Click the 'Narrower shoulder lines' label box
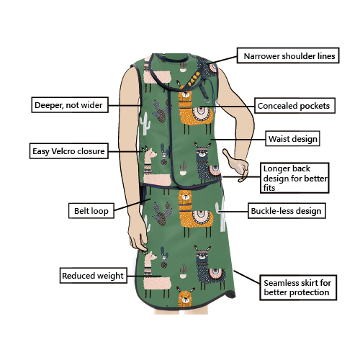coord(288,55)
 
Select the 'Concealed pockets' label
coord(294,106)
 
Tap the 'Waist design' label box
coord(292,138)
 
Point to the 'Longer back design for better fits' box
coord(294,178)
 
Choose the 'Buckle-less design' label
coord(287,211)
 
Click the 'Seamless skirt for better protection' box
coord(298,287)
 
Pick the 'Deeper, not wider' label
coord(70,104)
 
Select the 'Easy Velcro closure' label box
coord(69,151)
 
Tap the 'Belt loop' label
coord(91,211)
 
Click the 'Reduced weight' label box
coord(94,276)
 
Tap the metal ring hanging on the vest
coord(207,99)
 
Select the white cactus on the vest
coord(145,124)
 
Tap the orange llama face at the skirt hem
coord(185,297)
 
